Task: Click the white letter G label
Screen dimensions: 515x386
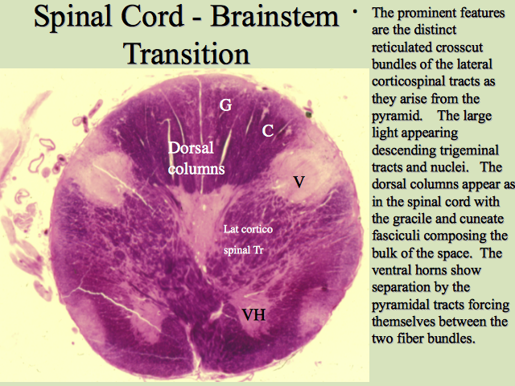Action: (x=225, y=105)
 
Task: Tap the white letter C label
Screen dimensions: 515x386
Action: (x=268, y=131)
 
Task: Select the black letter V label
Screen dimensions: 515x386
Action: (x=299, y=182)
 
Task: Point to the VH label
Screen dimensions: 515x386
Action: (x=254, y=314)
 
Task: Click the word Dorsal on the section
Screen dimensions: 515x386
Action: (x=191, y=148)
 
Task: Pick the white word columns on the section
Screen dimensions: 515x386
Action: (x=196, y=169)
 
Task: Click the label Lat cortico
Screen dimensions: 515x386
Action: (x=248, y=228)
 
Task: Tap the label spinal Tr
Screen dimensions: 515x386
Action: (x=243, y=250)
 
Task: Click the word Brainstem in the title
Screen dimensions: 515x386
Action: (x=274, y=16)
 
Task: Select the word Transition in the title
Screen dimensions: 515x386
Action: (x=186, y=54)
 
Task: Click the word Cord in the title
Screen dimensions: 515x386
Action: (x=152, y=16)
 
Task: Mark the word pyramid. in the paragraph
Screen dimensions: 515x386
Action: (x=397, y=117)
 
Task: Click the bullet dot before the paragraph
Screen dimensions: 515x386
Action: (x=355, y=11)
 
